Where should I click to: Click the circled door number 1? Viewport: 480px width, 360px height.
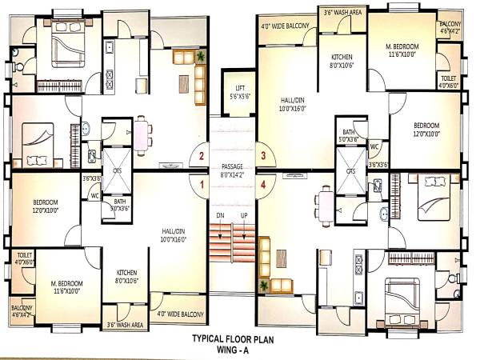202,185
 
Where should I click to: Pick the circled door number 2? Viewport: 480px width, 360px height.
202,156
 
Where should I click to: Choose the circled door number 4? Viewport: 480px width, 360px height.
263,185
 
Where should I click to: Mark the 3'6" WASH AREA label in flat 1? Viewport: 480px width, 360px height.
126,326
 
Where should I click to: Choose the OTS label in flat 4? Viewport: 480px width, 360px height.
350,170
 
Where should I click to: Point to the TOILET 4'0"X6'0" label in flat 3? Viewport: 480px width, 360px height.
448,79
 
